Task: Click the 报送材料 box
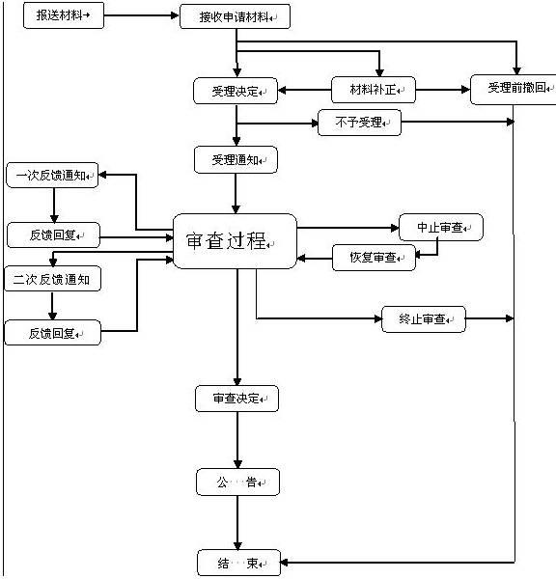[64, 15]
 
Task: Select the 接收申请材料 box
[235, 16]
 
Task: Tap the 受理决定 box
[236, 91]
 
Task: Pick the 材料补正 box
[374, 90]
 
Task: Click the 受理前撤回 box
[514, 90]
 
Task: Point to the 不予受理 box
[359, 123]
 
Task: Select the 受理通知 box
[236, 160]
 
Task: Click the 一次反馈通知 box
[52, 175]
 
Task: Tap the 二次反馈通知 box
[52, 279]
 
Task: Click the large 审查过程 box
[235, 241]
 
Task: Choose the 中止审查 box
[441, 228]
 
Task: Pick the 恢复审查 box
[374, 258]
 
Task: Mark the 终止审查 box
[424, 319]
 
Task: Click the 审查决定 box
[236, 399]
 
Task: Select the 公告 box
[237, 482]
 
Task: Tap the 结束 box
[239, 563]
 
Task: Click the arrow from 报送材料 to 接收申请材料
[142, 15]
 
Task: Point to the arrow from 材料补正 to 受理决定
[304, 90]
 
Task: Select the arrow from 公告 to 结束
[237, 522]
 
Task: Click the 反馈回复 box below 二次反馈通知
[52, 333]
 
